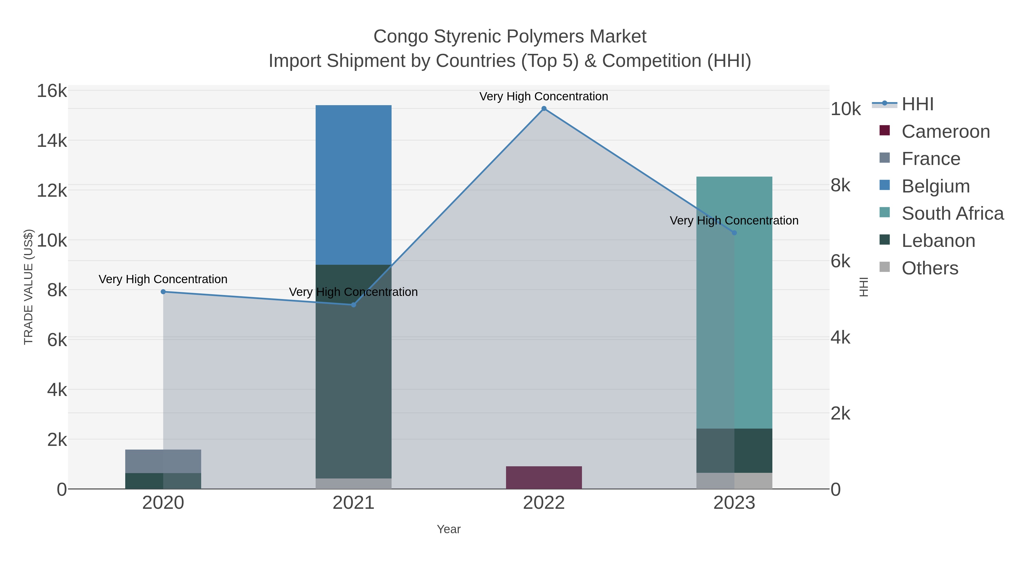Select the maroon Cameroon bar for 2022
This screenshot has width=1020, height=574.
[544, 477]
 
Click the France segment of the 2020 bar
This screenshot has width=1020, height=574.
[163, 461]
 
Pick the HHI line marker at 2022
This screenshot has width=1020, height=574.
[544, 109]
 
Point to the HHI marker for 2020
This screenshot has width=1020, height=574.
[163, 292]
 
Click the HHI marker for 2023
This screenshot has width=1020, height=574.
[734, 233]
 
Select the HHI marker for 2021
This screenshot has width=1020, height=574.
[354, 305]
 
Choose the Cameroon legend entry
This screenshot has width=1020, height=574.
[945, 132]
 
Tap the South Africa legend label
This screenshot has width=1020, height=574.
[952, 213]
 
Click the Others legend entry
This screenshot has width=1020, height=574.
[929, 268]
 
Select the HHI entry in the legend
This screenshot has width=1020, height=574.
[917, 104]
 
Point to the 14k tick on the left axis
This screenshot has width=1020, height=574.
[52, 141]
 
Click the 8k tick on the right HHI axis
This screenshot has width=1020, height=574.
[840, 185]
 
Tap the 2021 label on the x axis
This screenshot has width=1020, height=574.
[353, 503]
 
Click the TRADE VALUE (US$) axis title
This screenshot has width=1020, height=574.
[29, 287]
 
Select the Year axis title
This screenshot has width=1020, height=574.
[449, 529]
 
